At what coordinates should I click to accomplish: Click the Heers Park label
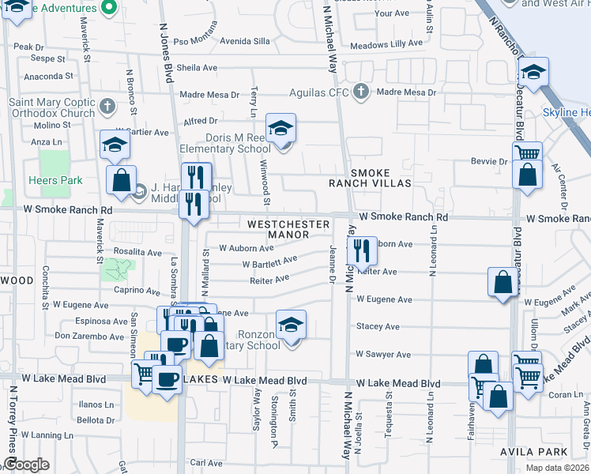coord(61,180)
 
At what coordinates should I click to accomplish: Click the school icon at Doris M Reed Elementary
coord(280,128)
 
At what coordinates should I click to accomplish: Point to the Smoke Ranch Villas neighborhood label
coord(371,177)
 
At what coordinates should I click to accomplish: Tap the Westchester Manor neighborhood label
coord(288,229)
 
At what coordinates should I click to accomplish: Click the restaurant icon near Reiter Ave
coord(362,252)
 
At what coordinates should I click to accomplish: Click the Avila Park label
coord(544,452)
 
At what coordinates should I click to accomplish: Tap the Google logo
coord(26,465)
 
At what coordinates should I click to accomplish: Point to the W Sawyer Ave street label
coord(383,355)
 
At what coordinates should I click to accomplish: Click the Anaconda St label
coord(48,77)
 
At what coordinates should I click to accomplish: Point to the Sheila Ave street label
coord(197,68)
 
